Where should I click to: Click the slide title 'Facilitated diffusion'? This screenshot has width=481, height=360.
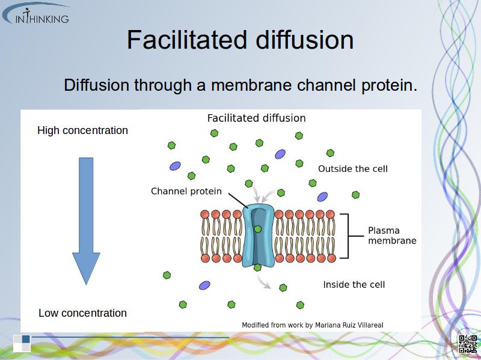(240, 40)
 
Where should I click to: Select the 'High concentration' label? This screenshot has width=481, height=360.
(82, 130)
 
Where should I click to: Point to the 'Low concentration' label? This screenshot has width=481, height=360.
(82, 313)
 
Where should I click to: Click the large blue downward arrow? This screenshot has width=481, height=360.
(86, 219)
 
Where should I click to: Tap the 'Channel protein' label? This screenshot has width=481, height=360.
(186, 191)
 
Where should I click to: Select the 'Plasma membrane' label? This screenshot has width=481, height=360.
(392, 235)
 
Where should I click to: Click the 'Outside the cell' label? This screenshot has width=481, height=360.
(353, 168)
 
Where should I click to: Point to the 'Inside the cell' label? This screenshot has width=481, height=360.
(354, 284)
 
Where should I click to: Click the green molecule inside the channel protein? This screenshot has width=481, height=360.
(258, 229)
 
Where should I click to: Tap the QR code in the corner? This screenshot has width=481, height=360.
(467, 343)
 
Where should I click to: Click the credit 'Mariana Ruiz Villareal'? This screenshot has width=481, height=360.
(349, 325)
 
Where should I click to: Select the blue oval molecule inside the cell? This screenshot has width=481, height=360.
(204, 285)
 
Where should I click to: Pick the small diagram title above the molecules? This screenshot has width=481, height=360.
(256, 118)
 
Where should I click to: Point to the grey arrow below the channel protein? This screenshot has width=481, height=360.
(262, 281)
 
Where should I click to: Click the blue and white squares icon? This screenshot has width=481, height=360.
(22, 342)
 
